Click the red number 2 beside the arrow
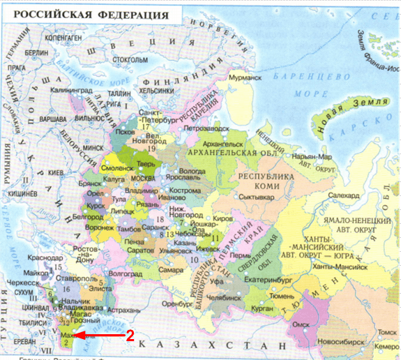130,335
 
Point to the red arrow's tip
73,335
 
